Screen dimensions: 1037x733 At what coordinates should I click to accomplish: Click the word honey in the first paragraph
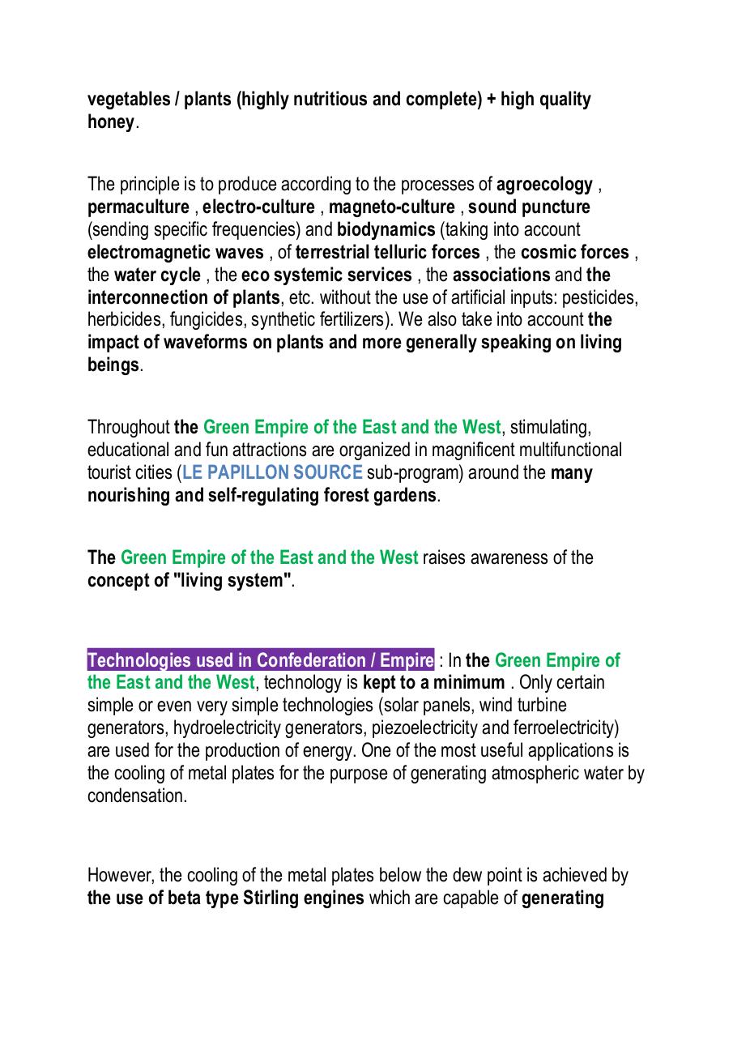coord(110,122)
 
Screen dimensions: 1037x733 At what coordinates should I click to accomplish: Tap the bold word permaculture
coord(138,207)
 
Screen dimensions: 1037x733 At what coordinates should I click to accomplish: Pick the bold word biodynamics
coord(386,230)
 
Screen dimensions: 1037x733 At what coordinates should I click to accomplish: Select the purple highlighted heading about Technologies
coord(261,659)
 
